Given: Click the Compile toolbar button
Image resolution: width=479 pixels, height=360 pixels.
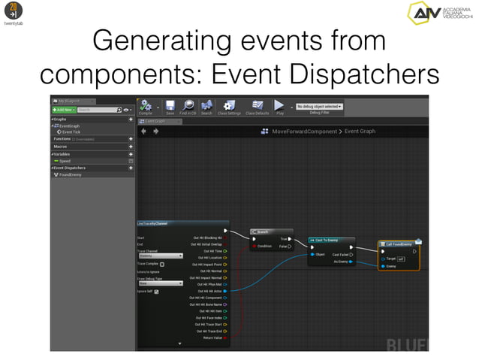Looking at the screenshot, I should pyautogui.click(x=147, y=107).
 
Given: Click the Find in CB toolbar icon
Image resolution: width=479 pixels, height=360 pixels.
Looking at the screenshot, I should pyautogui.click(x=188, y=107).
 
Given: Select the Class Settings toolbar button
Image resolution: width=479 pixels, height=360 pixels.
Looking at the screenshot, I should pyautogui.click(x=229, y=107).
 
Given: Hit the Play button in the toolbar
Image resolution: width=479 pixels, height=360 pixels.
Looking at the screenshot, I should pyautogui.click(x=279, y=107).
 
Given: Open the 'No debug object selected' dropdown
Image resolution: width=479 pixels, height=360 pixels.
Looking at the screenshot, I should pyautogui.click(x=320, y=107).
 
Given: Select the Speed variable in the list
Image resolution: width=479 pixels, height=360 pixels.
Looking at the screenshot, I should pyautogui.click(x=65, y=161).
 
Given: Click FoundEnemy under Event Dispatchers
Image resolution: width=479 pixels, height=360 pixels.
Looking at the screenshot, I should pyautogui.click(x=70, y=174).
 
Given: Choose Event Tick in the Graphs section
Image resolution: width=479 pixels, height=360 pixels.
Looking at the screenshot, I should pyautogui.click(x=71, y=132).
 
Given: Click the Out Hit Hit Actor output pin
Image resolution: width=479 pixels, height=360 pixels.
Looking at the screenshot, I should pyautogui.click(x=225, y=291).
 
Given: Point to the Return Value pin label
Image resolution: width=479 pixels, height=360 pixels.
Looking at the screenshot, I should pyautogui.click(x=212, y=337).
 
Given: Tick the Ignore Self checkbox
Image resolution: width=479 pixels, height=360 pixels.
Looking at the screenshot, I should pyautogui.click(x=156, y=292).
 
